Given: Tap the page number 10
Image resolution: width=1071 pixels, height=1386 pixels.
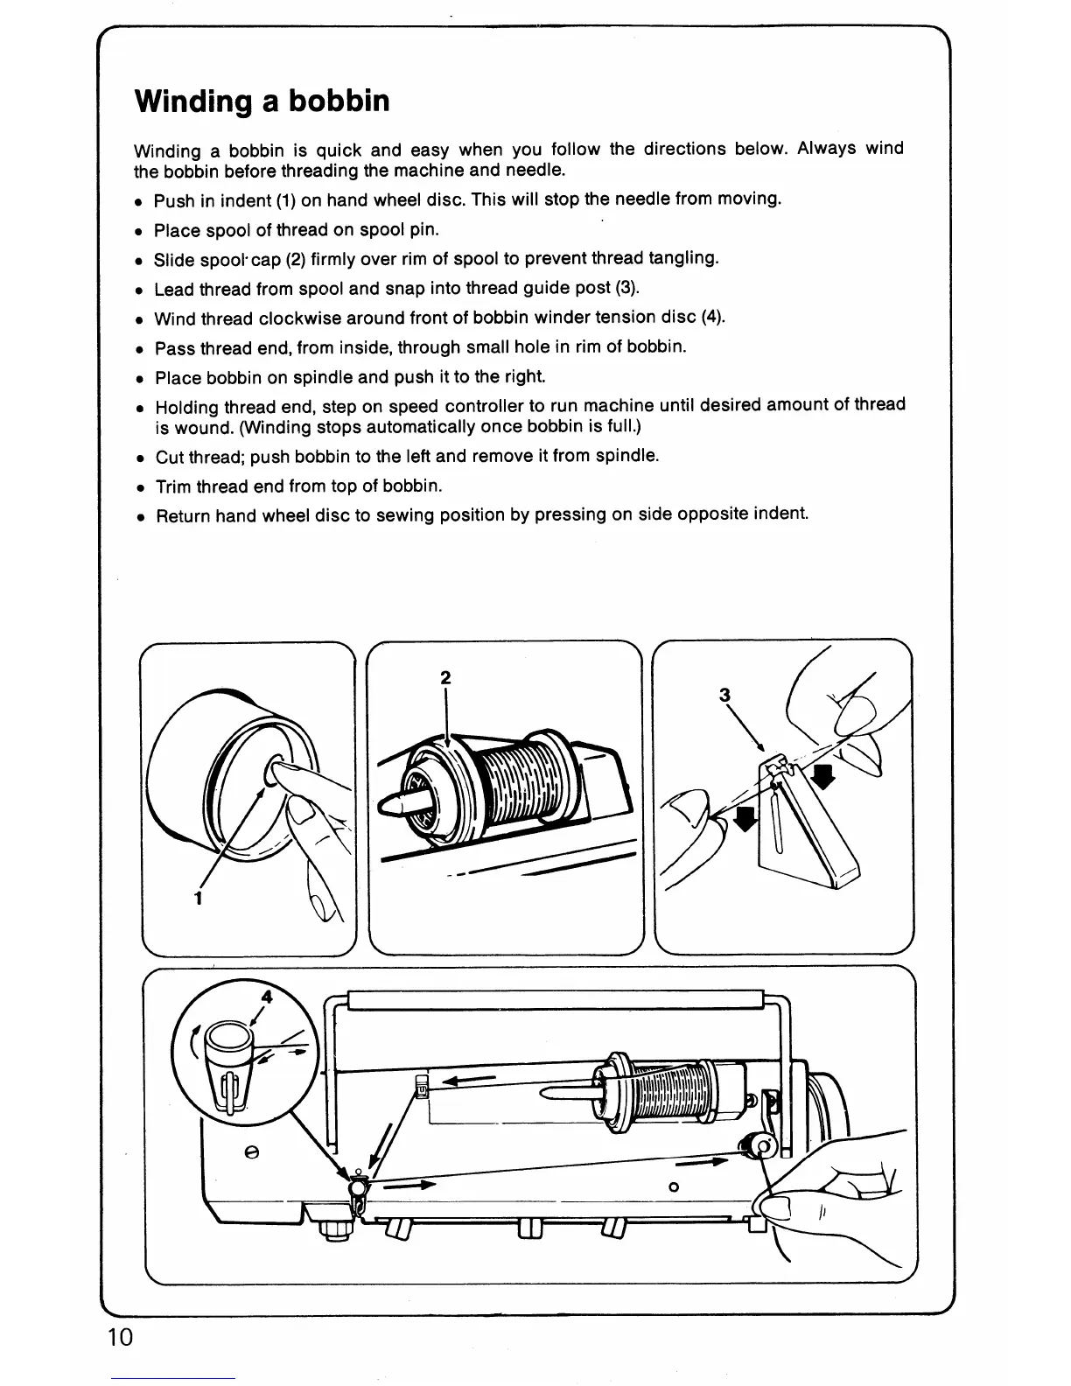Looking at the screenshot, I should (x=121, y=1337).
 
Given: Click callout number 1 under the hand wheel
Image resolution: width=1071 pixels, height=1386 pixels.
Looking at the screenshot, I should (x=199, y=898).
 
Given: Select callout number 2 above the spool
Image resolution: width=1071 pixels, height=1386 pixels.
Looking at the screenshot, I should (x=445, y=677).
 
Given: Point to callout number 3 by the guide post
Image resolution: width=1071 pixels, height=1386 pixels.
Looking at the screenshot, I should (x=724, y=696).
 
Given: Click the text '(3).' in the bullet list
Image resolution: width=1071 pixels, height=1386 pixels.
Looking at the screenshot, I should (x=627, y=288).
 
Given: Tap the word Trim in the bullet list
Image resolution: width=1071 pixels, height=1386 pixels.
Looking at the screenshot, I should (x=173, y=486).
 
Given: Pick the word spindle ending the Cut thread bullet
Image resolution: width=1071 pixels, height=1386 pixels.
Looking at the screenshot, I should (x=627, y=456).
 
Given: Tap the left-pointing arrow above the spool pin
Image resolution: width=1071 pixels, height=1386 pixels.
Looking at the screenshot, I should (x=472, y=1079).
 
